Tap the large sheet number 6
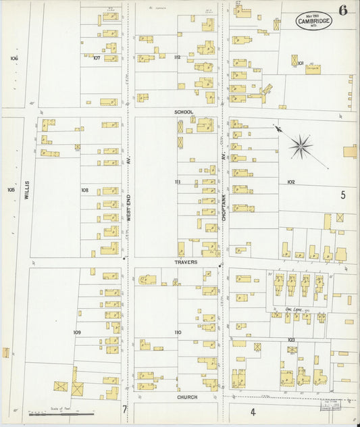(x=344, y=10)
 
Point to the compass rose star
(x=301, y=146)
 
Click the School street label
(x=183, y=111)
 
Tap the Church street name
(x=187, y=397)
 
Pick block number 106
(x=14, y=58)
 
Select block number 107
(x=97, y=58)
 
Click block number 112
(x=177, y=57)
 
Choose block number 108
(x=84, y=191)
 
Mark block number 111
(x=178, y=182)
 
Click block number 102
(x=291, y=182)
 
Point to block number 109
(x=77, y=332)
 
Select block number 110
(x=178, y=332)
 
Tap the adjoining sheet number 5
(x=343, y=195)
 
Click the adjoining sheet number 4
(x=253, y=411)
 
